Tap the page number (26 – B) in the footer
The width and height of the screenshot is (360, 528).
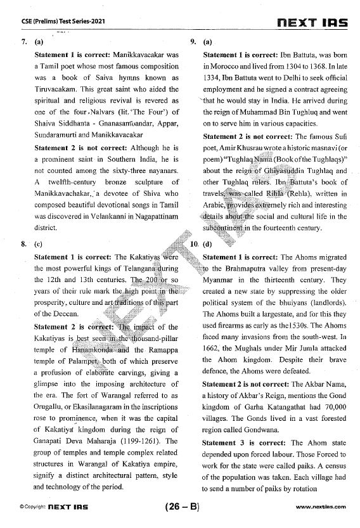181,506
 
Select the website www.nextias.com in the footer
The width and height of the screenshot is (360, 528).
321,507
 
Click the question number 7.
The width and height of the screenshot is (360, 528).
23,42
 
